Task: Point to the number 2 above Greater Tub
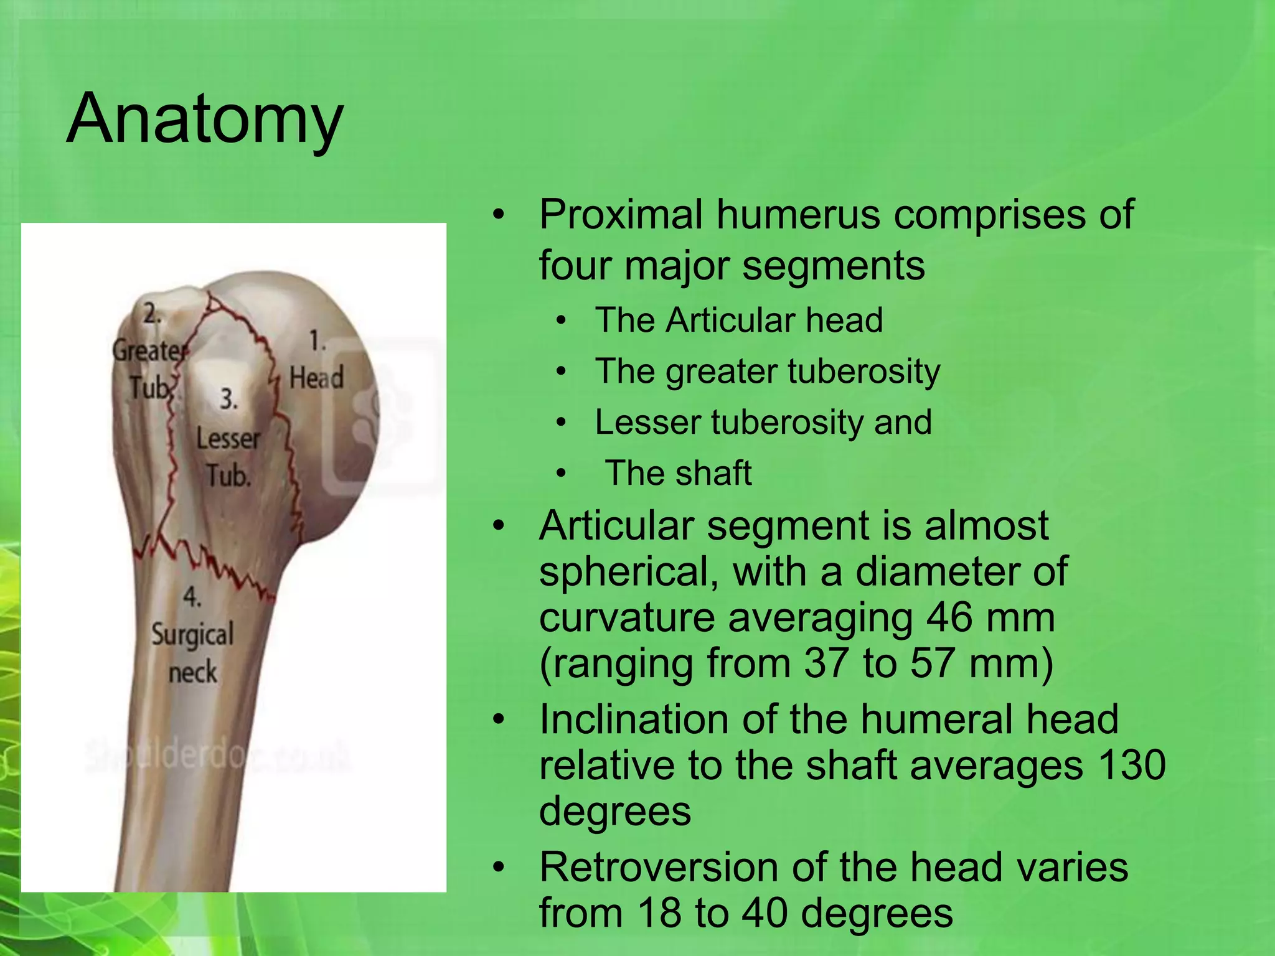[x=151, y=314]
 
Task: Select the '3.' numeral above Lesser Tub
[x=228, y=399]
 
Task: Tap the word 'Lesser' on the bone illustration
[x=228, y=439]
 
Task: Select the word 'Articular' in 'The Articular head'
[x=730, y=321]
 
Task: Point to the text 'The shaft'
[x=678, y=473]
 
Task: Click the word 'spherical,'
[x=629, y=573]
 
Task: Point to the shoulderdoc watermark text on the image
[x=218, y=757]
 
